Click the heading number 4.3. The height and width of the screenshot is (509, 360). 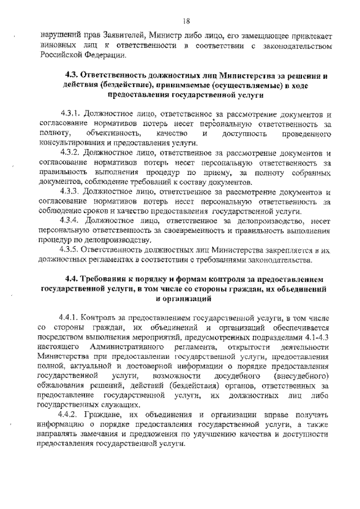[73, 75]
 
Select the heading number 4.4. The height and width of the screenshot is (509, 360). [73, 280]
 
